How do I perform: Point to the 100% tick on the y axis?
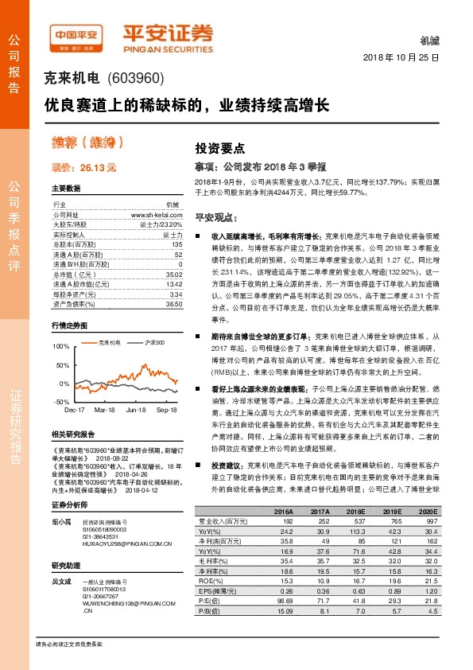point(61,348)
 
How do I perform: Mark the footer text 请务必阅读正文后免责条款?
point(69,643)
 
